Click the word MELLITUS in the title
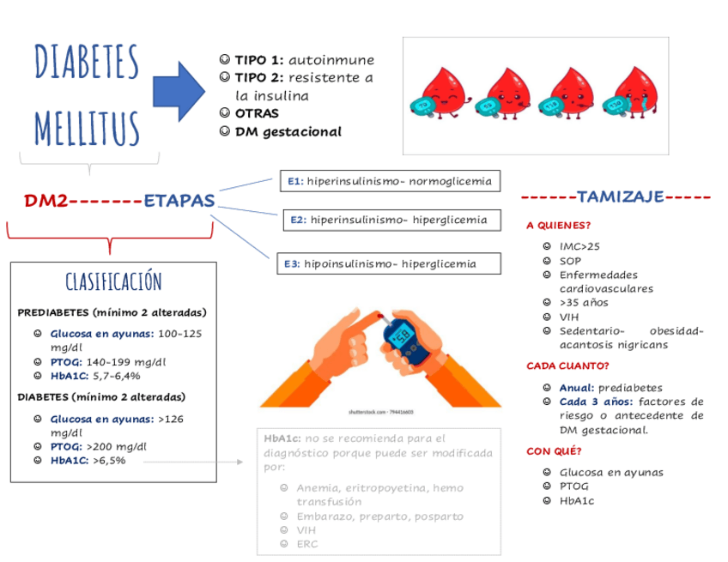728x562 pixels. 87,126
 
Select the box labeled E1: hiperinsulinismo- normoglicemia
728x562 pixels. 389,181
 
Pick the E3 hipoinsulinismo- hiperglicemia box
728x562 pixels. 388,263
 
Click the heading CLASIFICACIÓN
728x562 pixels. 113,281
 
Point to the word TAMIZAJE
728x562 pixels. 621,197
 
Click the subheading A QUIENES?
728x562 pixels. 558,227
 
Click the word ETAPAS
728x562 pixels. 179,202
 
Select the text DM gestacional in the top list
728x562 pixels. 288,132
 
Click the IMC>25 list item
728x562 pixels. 580,246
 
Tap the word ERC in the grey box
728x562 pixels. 306,543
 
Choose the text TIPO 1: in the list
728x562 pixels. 259,60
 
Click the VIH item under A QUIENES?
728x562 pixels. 570,316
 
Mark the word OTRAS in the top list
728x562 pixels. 257,113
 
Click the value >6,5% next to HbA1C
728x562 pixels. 109,461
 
